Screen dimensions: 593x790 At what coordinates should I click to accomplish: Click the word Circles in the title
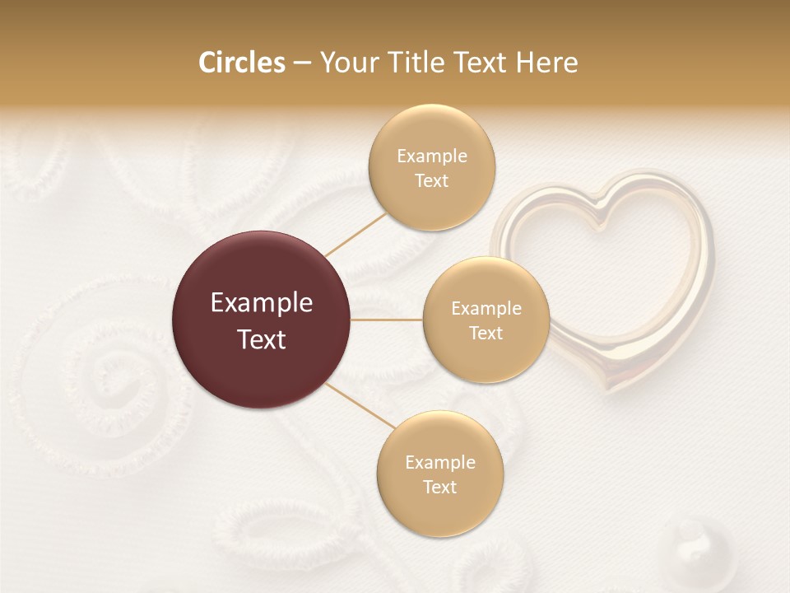[x=241, y=63]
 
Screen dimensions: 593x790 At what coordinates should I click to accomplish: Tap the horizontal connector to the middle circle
[x=387, y=320]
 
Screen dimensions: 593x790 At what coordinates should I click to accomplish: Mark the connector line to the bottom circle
[x=360, y=405]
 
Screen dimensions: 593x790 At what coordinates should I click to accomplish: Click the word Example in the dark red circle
[x=261, y=303]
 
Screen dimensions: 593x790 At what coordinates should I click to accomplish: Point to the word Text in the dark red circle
[x=261, y=339]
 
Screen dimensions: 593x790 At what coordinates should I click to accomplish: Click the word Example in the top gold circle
[x=431, y=156]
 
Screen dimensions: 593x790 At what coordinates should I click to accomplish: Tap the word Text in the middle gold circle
[x=486, y=333]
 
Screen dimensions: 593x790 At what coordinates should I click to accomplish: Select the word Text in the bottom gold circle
[x=439, y=487]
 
